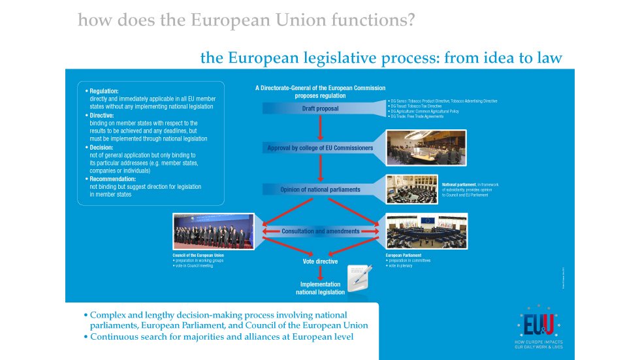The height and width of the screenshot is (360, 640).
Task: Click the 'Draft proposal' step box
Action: click(320, 108)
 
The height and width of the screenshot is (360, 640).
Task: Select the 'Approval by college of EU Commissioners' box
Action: click(320, 148)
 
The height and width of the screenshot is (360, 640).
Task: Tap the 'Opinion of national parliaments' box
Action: click(320, 189)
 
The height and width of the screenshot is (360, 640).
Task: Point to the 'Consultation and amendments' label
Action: click(320, 231)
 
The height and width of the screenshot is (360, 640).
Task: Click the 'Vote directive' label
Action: click(320, 261)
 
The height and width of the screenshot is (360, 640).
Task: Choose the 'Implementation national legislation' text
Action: click(320, 288)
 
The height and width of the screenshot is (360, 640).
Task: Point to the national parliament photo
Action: click(413, 189)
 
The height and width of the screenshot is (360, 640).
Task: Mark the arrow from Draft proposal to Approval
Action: click(320, 128)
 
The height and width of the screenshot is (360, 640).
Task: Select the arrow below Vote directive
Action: click(320, 272)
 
